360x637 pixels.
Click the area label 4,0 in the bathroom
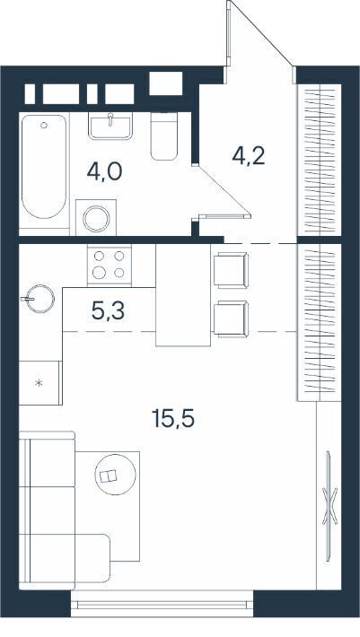click(104, 172)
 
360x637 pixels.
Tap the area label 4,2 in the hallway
click(249, 156)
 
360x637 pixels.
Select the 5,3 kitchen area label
click(108, 311)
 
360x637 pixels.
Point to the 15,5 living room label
click(173, 418)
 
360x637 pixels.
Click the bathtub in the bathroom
click(43, 167)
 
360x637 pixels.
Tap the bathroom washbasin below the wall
click(110, 126)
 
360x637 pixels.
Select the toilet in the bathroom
click(164, 136)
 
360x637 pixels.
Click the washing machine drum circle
click(96, 219)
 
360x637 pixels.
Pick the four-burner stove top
click(110, 265)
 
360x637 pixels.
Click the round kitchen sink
click(40, 299)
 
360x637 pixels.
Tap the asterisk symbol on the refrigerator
click(40, 382)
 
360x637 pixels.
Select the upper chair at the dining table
click(231, 269)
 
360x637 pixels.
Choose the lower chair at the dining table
click(231, 318)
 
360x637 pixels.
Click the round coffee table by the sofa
click(116, 474)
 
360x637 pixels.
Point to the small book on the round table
click(109, 476)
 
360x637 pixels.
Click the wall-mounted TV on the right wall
click(329, 505)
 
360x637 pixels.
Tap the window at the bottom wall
click(162, 603)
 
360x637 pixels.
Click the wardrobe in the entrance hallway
click(320, 160)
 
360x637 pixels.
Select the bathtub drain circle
click(44, 125)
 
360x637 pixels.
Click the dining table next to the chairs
click(183, 295)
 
